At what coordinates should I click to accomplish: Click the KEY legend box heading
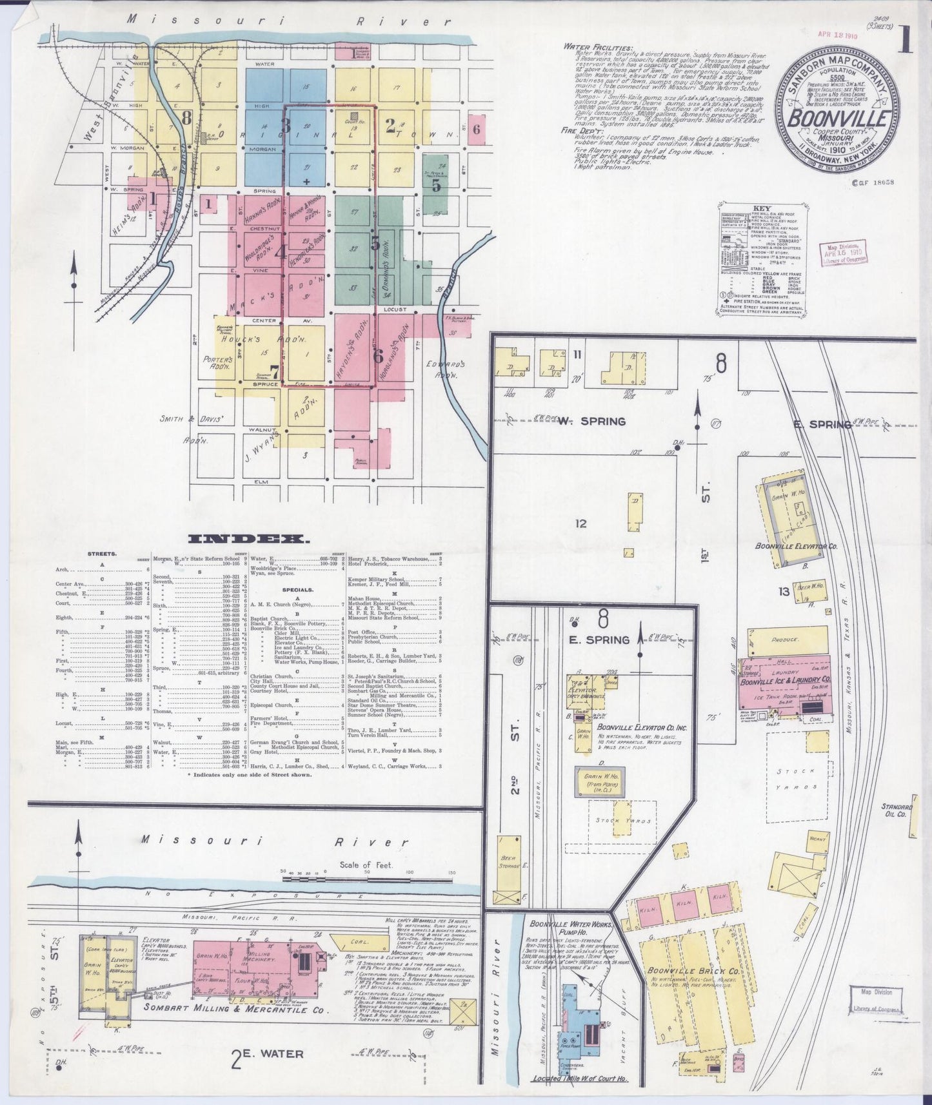point(761,210)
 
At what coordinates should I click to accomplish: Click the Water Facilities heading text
point(597,47)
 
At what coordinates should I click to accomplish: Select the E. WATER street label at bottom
point(268,1053)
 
